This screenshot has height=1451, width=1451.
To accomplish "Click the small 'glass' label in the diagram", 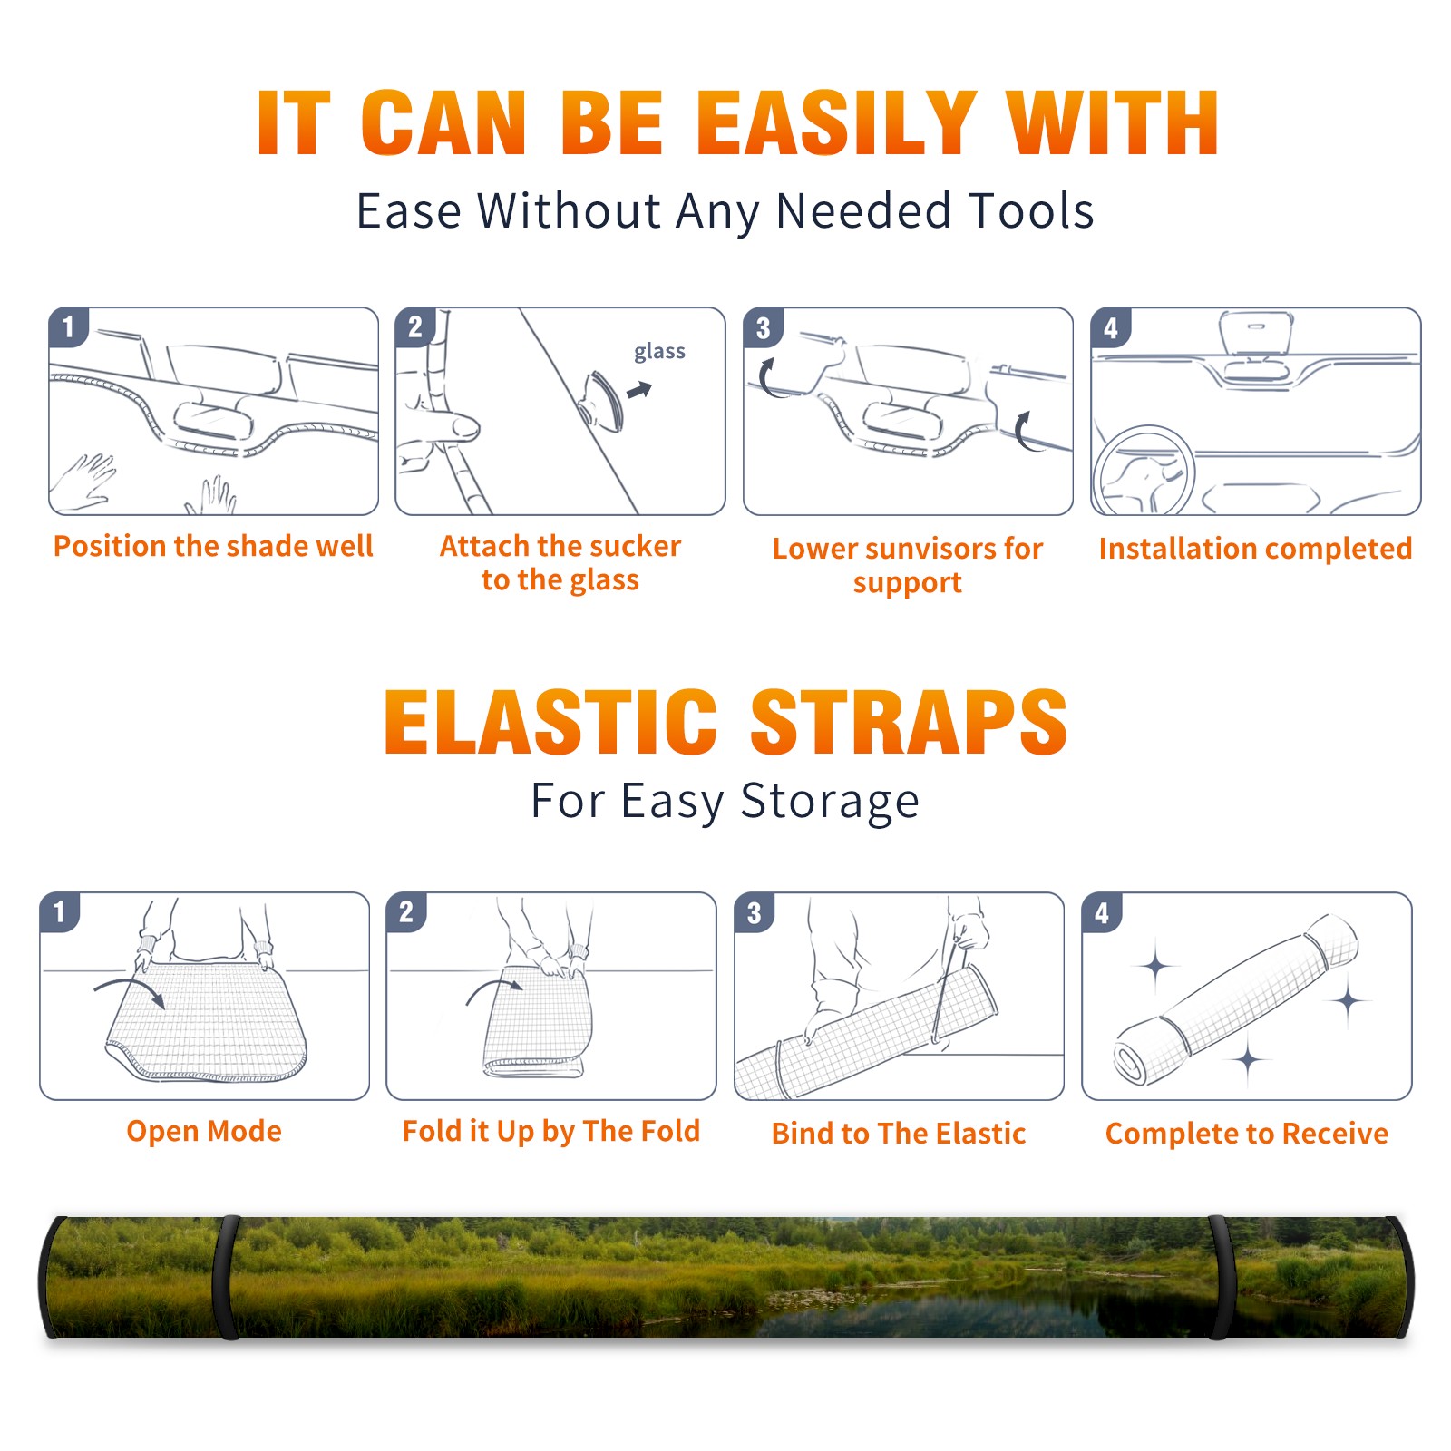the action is click(x=659, y=352).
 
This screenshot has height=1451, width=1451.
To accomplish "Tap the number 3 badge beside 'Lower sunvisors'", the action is click(x=764, y=327).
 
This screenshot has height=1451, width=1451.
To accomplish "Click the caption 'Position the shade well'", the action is click(x=213, y=546).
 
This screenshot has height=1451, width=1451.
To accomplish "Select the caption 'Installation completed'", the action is click(x=1255, y=549).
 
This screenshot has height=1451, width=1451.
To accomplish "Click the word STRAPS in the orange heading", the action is click(x=909, y=722).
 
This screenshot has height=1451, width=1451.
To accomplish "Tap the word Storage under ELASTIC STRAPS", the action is click(x=830, y=802).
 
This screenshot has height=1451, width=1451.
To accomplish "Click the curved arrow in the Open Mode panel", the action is click(x=130, y=989).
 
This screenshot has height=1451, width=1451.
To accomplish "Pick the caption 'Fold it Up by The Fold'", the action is click(x=551, y=1132).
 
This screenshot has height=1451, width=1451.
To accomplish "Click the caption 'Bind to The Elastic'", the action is click(x=899, y=1134).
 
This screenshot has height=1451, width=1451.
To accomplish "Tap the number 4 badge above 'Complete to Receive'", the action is click(x=1102, y=912).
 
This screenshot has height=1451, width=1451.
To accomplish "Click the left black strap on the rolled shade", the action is click(x=226, y=1278).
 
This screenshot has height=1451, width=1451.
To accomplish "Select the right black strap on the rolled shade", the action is click(x=1219, y=1278).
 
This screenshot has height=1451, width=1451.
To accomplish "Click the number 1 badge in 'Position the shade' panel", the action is click(x=68, y=326).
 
